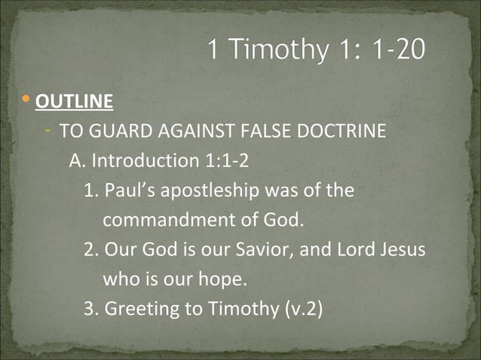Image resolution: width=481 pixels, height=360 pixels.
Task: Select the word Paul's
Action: point(130,190)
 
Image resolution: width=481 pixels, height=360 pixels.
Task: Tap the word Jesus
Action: point(404,249)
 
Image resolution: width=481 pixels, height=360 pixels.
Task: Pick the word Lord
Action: point(352,249)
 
